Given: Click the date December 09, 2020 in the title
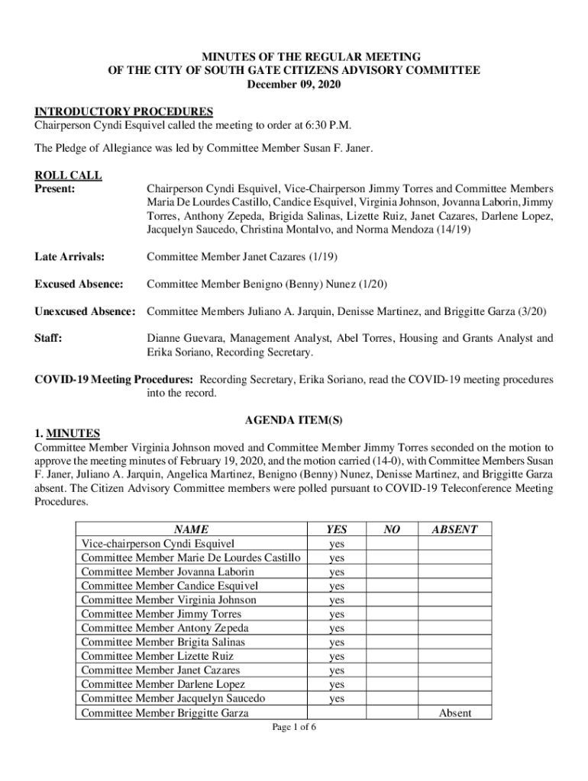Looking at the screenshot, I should pyautogui.click(x=294, y=85).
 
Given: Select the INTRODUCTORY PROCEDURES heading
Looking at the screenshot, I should pyautogui.click(x=124, y=111).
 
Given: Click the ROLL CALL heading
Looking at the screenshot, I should pyautogui.click(x=69, y=175).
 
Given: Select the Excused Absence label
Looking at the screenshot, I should pyautogui.click(x=79, y=284).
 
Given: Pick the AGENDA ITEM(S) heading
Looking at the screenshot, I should pyautogui.click(x=293, y=421).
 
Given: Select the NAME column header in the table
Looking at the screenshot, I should pyautogui.click(x=191, y=529).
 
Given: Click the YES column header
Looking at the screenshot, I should pyautogui.click(x=336, y=529).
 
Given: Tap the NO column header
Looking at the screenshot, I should pyautogui.click(x=391, y=529).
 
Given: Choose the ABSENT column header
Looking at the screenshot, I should pyautogui.click(x=454, y=529).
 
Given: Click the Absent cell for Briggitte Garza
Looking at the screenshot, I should pyautogui.click(x=454, y=713).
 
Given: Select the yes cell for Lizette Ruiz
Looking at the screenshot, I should pyautogui.click(x=336, y=657).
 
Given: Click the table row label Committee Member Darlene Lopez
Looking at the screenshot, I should pyautogui.click(x=163, y=685).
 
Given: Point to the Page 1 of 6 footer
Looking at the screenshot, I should pyautogui.click(x=294, y=727).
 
